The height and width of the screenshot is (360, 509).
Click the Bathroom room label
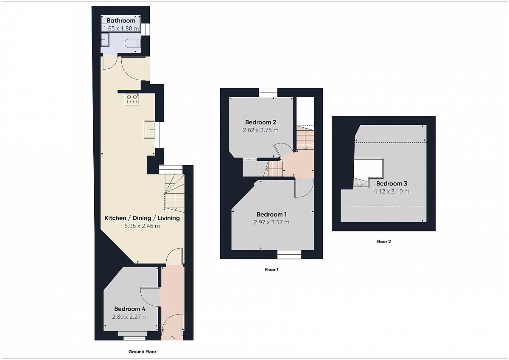point(120,21)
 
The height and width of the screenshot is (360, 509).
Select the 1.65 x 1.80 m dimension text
point(120,28)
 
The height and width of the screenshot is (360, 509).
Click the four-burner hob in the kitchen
point(132,99)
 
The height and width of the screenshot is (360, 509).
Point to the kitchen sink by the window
point(149,129)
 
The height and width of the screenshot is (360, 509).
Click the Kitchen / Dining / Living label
point(142,218)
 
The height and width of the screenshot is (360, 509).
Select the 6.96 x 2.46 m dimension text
point(142,226)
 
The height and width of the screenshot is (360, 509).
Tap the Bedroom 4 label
point(130,309)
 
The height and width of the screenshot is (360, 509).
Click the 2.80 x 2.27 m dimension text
point(130,317)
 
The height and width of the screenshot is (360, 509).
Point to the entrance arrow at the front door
point(172,339)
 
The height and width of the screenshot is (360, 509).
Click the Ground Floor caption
point(142,352)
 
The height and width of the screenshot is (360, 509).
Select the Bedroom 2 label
point(260,122)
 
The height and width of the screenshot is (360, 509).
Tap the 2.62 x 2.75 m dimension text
point(260,130)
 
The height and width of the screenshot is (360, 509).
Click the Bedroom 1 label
point(271,214)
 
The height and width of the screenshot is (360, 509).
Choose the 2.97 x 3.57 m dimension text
point(271,222)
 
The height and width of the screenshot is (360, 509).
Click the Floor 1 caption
point(271,270)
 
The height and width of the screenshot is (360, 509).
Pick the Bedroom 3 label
point(392,183)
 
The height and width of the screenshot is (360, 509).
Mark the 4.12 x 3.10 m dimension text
point(392,191)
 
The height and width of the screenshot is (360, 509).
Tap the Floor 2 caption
point(383,242)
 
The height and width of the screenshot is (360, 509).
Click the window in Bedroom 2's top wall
point(268,93)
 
